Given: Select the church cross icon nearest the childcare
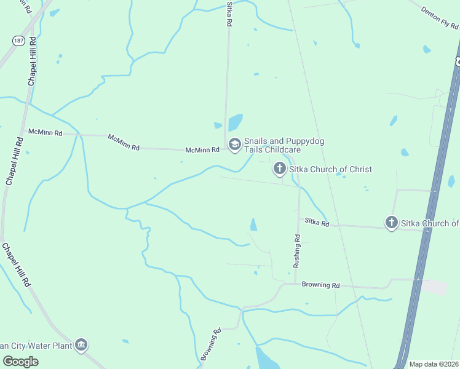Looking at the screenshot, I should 279,169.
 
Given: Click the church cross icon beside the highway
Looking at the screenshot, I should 391,223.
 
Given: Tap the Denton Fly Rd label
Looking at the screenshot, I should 440,17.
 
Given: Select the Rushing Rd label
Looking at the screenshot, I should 297,250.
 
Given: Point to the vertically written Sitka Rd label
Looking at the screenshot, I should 228,13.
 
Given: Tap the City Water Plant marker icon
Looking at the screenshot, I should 81,345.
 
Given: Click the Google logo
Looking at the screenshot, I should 20,362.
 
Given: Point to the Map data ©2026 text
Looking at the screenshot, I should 434,364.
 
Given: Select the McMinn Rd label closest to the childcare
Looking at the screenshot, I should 203,149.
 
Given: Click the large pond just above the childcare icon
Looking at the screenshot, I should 236,122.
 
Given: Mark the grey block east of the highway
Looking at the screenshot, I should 434,287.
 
